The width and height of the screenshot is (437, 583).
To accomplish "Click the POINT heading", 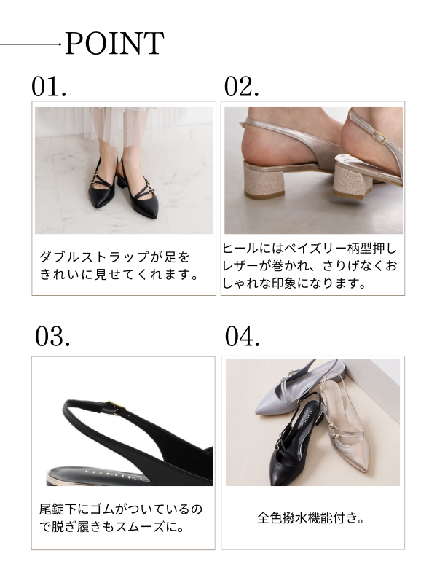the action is click(114, 43).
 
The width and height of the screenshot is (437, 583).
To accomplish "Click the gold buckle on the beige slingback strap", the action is click(379, 137).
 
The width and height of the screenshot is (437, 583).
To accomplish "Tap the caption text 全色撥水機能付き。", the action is click(311, 517).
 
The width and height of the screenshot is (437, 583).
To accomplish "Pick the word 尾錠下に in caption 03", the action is click(64, 509).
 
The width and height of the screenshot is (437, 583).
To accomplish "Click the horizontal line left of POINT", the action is click(31, 44).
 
